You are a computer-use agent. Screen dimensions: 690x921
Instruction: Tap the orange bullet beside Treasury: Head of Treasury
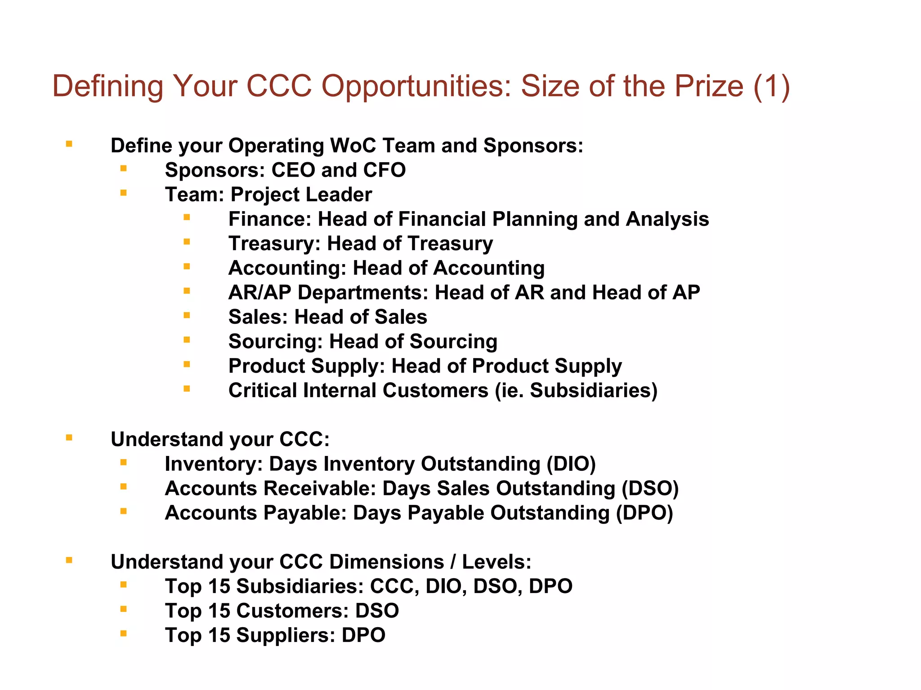[187, 242]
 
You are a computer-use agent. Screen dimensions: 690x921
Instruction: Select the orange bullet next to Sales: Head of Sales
[187, 315]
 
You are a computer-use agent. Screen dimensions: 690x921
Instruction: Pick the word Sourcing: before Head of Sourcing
[276, 341]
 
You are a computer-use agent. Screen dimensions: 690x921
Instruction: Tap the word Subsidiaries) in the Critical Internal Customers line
[594, 390]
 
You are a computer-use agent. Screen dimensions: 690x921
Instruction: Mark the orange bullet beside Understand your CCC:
[69, 438]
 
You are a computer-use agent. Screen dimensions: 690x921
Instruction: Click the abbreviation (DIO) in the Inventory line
[571, 464]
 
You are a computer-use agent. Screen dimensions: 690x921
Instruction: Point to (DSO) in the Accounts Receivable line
[650, 488]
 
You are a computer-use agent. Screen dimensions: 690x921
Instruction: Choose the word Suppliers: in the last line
[286, 635]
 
